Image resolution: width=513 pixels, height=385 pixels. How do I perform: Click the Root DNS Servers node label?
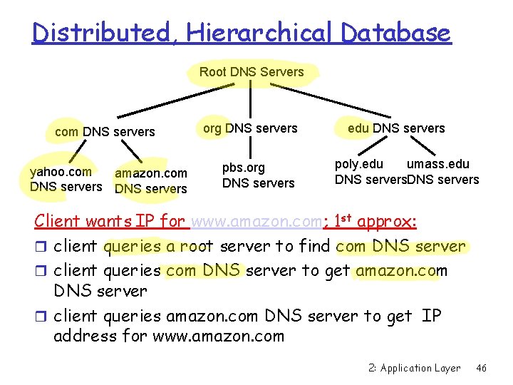252,72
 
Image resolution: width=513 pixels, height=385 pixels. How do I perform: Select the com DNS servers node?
105,132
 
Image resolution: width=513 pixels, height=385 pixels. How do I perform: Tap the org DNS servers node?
250,128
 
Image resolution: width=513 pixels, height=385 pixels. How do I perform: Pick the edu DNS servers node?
396,128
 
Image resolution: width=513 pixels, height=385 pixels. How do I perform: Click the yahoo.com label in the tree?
61,171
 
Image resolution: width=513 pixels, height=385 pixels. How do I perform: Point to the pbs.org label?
243,168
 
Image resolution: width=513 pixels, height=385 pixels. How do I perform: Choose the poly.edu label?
358,165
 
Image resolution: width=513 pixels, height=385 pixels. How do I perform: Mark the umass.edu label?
437,165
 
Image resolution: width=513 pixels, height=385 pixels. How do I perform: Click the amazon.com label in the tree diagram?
151,173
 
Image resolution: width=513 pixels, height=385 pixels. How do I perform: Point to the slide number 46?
481,368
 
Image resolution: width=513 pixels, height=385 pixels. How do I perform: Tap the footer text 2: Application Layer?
415,368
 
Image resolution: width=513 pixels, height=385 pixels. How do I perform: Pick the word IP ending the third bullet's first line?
431,315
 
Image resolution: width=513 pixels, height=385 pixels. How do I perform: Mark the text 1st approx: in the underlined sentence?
375,221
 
